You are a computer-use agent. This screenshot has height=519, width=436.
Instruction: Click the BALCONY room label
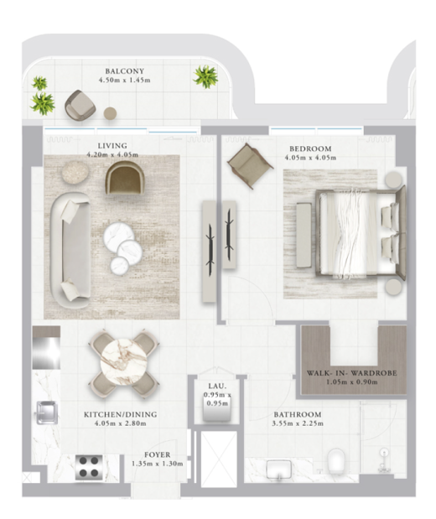(x=124, y=71)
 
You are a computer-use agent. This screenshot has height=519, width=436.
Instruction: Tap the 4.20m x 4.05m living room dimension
(x=112, y=154)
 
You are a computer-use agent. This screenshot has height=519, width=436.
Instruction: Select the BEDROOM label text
(x=310, y=149)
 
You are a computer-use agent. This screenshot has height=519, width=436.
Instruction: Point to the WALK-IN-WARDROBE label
(x=351, y=373)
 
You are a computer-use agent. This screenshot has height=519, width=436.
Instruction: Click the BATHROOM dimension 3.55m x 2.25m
(x=298, y=423)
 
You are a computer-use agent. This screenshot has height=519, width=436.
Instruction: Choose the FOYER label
(x=158, y=454)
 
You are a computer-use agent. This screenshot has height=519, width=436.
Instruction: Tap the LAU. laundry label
(x=217, y=386)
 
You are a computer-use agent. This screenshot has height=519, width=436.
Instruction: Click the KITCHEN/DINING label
(x=120, y=414)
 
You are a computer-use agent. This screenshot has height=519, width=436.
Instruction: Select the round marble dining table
(x=123, y=362)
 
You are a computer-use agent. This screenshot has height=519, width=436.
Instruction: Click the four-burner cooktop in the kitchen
(x=88, y=467)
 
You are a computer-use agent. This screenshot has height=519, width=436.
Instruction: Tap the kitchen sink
(x=47, y=413)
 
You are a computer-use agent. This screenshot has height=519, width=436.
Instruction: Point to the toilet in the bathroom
(x=336, y=460)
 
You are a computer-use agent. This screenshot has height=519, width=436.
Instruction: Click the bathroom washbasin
(x=278, y=470)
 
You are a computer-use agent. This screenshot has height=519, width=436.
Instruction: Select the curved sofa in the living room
(x=70, y=250)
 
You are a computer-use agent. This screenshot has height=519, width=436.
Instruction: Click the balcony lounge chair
(x=80, y=105)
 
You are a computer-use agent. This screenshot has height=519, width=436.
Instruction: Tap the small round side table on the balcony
(x=110, y=113)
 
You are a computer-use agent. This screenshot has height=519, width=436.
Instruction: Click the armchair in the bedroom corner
(x=250, y=166)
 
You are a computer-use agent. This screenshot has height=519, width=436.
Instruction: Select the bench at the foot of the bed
(x=304, y=236)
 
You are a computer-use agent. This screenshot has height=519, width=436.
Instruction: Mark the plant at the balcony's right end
(x=205, y=77)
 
